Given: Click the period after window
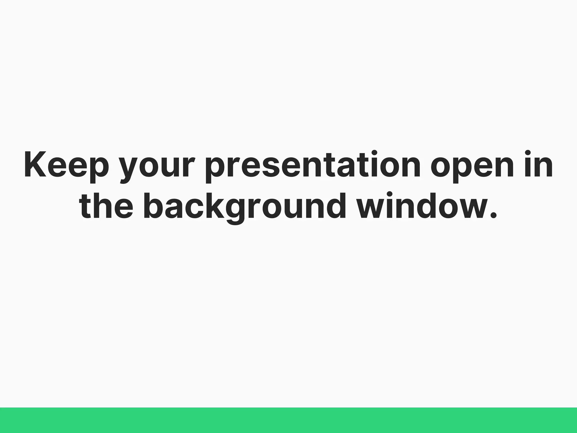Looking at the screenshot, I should (x=493, y=215).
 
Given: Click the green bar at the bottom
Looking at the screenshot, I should (x=288, y=420).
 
